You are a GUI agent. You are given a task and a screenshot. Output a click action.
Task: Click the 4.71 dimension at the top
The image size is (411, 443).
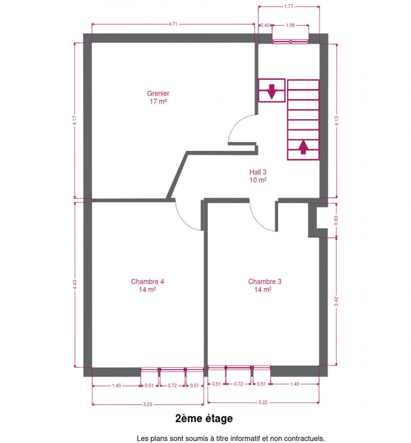[173, 24]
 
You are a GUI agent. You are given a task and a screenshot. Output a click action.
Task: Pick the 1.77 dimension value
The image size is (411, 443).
[288, 7]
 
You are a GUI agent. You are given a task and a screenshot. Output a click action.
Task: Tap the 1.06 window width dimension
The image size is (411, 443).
[290, 25]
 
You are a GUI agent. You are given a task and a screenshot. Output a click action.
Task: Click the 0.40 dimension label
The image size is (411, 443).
[265, 25]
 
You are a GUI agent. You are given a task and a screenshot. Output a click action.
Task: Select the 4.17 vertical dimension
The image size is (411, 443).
[75, 120]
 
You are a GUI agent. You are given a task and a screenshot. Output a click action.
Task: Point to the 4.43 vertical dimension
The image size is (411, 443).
[75, 285]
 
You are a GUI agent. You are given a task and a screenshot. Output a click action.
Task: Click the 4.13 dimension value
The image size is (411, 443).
[337, 121]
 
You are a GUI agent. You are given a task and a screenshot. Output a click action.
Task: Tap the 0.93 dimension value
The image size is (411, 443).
[336, 220]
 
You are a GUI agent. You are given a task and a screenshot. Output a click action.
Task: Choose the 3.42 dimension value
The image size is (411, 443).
[336, 301]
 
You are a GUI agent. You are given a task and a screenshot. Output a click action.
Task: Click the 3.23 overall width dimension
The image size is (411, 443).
[147, 404]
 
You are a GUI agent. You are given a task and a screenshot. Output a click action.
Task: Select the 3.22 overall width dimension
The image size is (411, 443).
[263, 402]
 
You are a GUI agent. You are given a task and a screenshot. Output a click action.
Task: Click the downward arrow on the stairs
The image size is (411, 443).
[271, 92]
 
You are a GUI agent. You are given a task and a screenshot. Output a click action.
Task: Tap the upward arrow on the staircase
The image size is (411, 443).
[303, 147]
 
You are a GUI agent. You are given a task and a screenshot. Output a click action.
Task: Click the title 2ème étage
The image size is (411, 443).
[204, 419]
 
